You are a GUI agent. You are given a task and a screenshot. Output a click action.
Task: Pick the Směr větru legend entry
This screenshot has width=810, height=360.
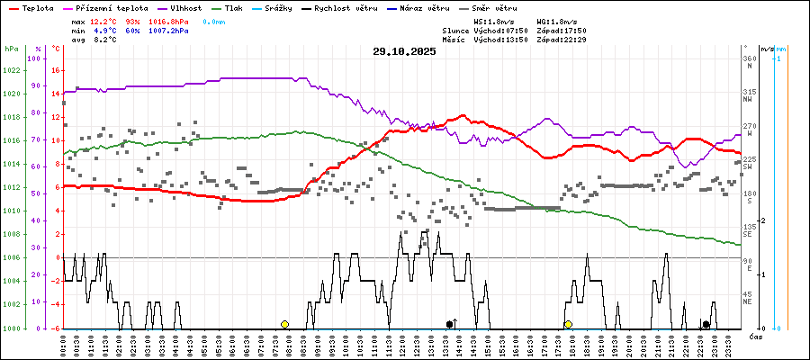pos(492,7)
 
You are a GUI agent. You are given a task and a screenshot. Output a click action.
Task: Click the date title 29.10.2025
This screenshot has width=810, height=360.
pos(404,51)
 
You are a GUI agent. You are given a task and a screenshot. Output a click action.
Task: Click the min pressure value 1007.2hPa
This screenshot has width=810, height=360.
pos(169,30)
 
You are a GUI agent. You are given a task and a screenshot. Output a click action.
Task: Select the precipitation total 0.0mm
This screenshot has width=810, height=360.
pos(214,20)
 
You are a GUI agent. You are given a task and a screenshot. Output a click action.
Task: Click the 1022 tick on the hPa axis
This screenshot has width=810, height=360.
pos(12,70)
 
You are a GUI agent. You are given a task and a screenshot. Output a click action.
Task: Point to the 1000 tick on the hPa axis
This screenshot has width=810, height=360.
pos(12,328)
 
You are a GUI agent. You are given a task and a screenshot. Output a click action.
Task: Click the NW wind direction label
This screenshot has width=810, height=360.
pos(747,100)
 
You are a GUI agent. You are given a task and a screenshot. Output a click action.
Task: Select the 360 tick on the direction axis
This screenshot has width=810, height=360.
pos(748,58)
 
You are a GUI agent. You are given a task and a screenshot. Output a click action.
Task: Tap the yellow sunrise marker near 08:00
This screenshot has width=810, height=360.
pos(284,324)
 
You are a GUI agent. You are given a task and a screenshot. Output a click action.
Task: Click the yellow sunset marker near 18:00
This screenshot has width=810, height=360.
pos(568,324)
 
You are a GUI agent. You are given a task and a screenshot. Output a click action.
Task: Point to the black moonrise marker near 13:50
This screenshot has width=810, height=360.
pos(450,324)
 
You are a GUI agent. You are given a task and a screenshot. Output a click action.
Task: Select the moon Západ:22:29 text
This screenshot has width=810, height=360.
pos(562,40)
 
